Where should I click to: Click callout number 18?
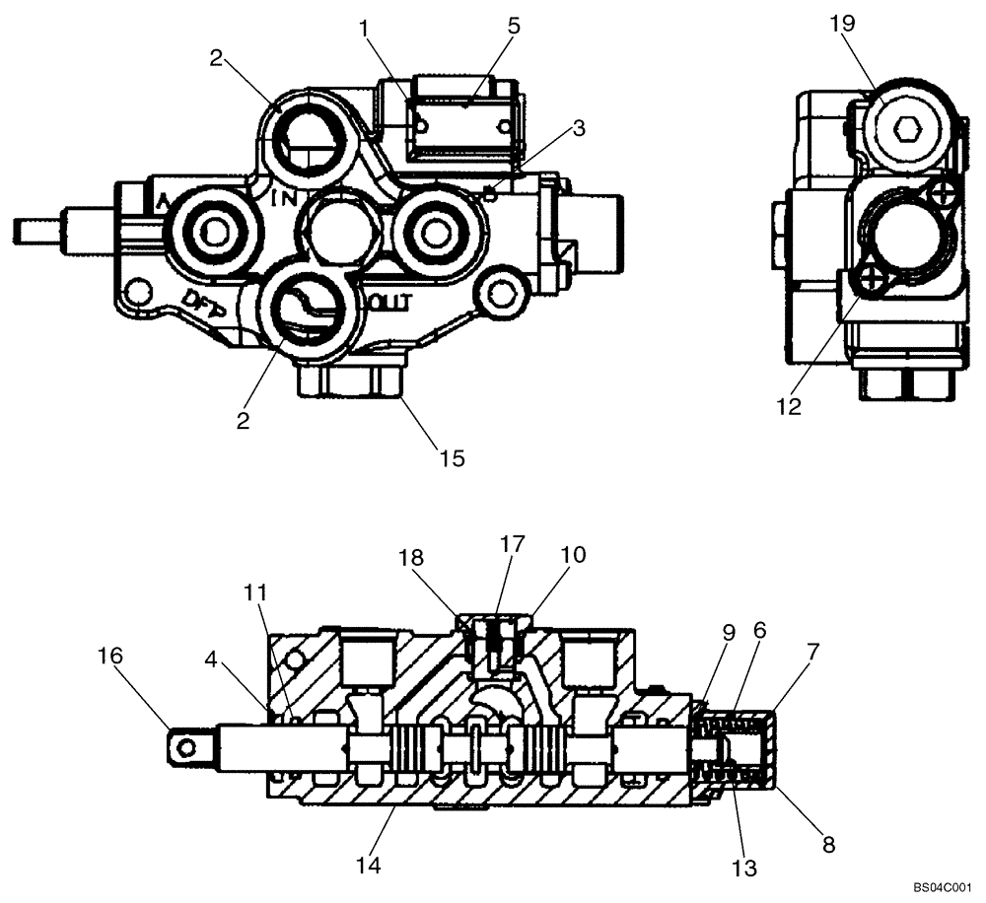pos(412,558)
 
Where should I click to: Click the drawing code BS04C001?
pos(941,887)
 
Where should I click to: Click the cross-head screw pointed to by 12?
pos(871,283)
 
